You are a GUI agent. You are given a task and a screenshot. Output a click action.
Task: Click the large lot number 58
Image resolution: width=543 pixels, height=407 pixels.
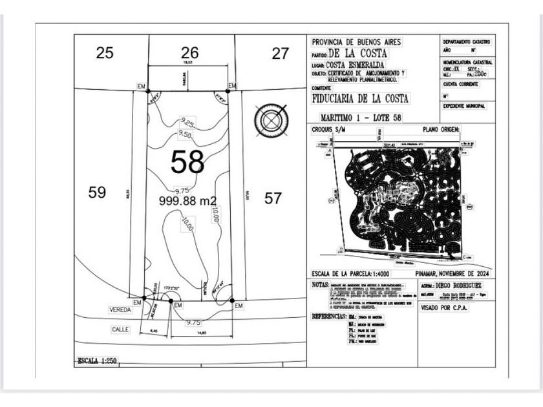(x=187, y=162)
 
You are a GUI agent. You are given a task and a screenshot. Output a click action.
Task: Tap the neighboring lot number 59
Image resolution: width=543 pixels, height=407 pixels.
(x=97, y=193)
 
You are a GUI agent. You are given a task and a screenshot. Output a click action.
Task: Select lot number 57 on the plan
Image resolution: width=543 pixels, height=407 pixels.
(x=273, y=198)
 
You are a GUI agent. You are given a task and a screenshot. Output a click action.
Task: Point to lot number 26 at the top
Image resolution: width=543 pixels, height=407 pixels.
(x=189, y=52)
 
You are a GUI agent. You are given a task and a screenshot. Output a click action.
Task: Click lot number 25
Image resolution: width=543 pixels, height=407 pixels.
(x=105, y=53)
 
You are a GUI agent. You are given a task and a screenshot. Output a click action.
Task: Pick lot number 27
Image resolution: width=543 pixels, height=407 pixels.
(x=280, y=54)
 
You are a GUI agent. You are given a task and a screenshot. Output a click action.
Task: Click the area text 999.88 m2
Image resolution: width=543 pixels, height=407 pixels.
(x=187, y=200)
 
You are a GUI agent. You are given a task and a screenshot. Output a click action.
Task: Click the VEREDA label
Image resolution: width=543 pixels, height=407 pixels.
(x=120, y=309)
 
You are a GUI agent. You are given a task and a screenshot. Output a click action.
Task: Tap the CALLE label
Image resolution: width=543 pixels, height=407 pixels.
(x=120, y=329)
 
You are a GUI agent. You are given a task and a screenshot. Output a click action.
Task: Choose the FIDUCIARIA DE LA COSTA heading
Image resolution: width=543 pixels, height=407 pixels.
(x=360, y=98)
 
